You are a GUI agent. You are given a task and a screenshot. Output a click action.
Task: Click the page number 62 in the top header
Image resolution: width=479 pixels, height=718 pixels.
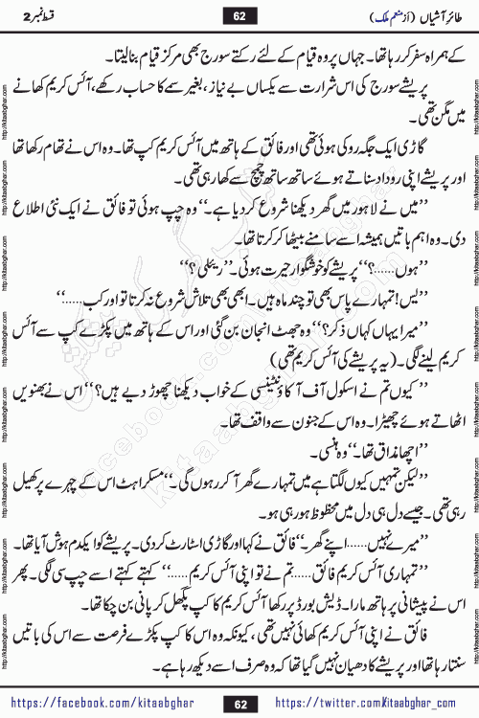tap(239, 15)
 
